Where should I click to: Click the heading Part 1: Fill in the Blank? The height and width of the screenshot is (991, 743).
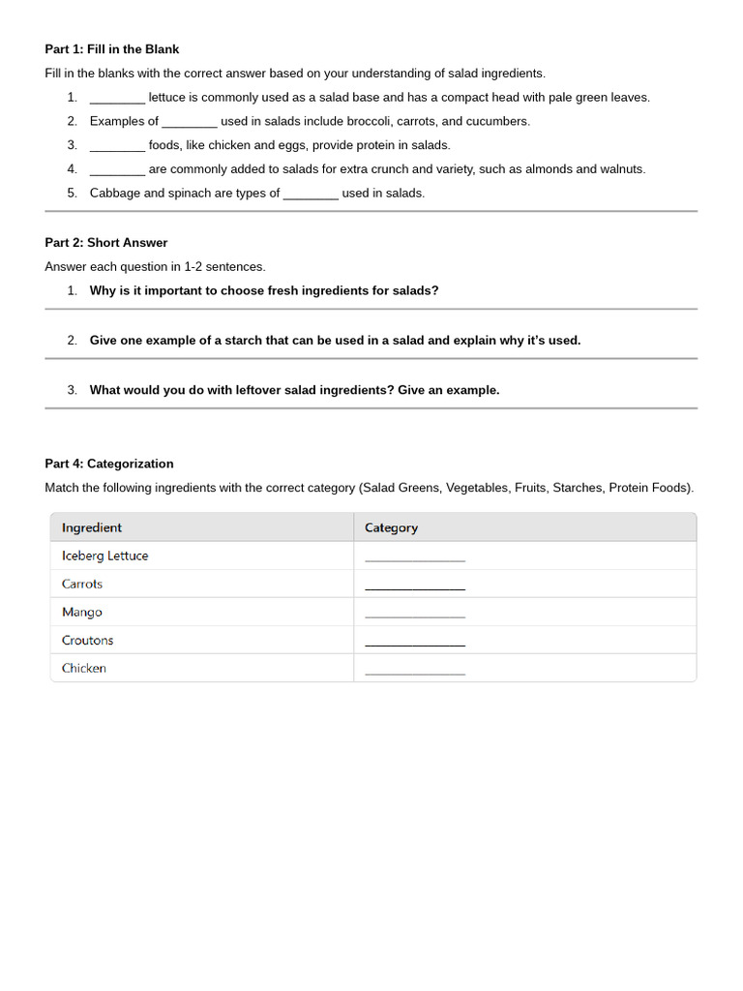pos(111,49)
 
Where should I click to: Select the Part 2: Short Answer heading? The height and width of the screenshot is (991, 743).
pos(105,243)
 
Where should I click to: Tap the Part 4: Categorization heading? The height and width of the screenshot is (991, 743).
pos(108,464)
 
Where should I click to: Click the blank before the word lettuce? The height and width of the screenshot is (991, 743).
pos(117,98)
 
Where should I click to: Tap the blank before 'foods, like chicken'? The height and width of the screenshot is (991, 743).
pos(117,146)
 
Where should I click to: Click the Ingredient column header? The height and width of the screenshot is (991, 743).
pos(92,527)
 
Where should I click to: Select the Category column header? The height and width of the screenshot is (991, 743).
pos(391,527)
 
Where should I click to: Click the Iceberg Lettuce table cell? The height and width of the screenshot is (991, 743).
pos(104,556)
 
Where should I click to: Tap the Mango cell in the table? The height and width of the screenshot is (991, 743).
pos(81,612)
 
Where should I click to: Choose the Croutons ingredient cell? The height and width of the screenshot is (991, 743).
pos(87,640)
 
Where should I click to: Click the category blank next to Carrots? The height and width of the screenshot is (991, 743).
pos(414,586)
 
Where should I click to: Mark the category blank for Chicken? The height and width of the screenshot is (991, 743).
pos(414,671)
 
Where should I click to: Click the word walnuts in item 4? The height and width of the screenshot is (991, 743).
pos(619,169)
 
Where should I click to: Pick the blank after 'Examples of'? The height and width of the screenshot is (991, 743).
pos(190,122)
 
